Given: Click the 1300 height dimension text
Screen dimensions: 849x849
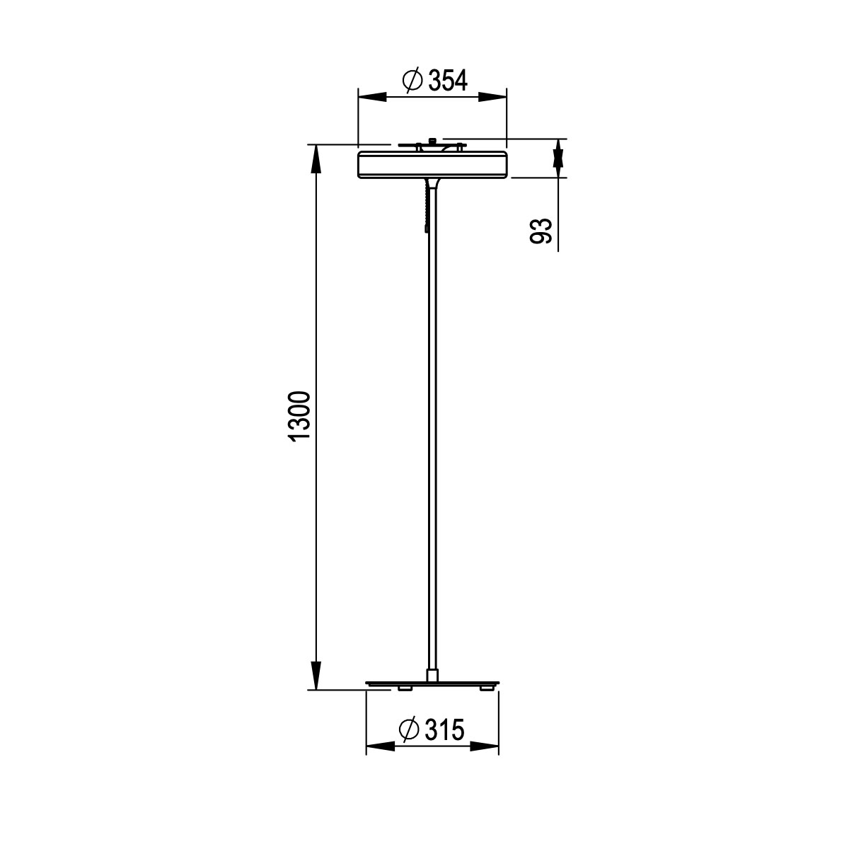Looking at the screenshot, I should [x=299, y=415].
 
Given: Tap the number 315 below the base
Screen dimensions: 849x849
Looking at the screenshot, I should [x=444, y=729].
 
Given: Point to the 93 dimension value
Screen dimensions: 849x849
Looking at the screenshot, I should [x=541, y=231].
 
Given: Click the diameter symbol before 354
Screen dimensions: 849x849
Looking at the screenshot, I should [x=412, y=81].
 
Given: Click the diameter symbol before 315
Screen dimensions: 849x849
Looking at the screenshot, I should [x=410, y=729].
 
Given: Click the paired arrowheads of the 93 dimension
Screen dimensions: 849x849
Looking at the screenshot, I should [x=558, y=157].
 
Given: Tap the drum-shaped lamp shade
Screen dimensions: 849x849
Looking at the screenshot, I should [x=432, y=164].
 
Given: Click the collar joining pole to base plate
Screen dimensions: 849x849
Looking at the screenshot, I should [x=432, y=674].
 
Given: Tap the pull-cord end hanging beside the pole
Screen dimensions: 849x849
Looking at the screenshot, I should [x=427, y=228].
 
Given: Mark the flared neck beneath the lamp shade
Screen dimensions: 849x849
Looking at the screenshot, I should [x=433, y=185].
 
